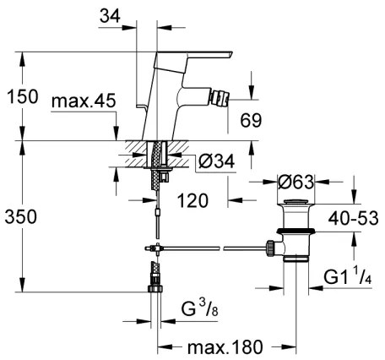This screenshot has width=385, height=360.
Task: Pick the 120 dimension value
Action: pos(192,202)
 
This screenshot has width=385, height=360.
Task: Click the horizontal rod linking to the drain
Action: pos(211,248)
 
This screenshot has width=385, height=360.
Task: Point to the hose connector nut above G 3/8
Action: pos(155,290)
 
